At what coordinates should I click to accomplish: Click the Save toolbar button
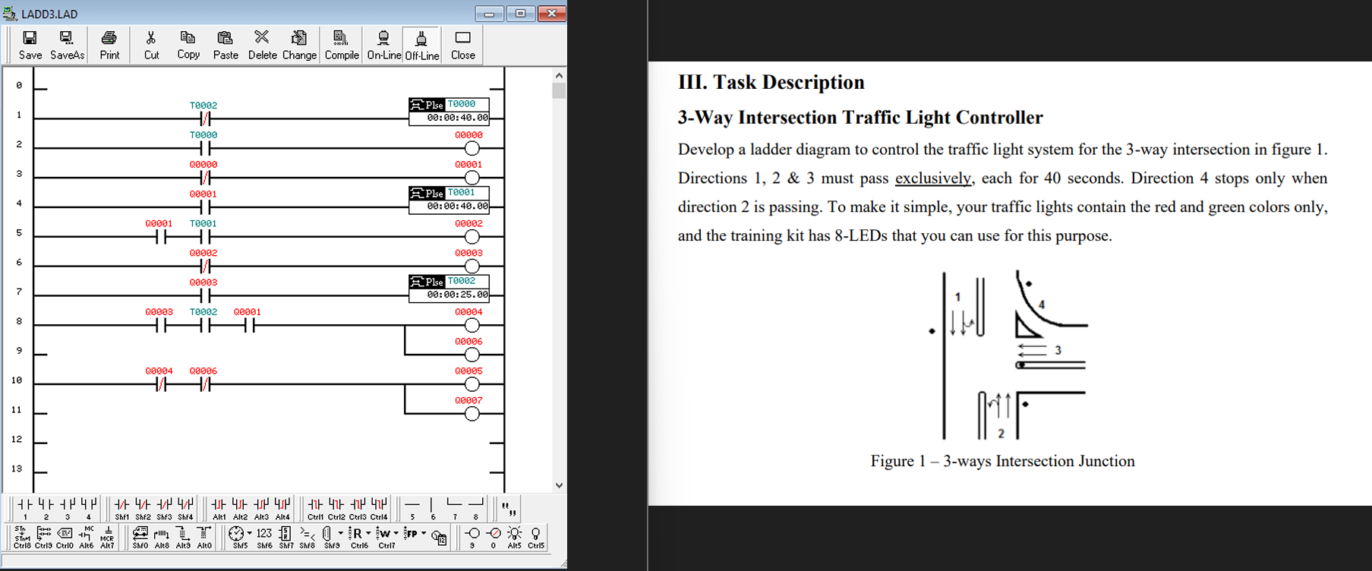(x=30, y=45)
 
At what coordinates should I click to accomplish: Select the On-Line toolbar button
(x=383, y=45)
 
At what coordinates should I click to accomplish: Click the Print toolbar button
(x=109, y=45)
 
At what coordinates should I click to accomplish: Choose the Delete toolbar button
(x=262, y=45)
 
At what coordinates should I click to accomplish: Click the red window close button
(x=551, y=14)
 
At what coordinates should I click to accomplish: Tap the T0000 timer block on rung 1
(x=449, y=111)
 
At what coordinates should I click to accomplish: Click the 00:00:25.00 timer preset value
(x=457, y=295)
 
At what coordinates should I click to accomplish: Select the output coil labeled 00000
(x=472, y=148)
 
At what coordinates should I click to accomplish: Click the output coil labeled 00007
(x=472, y=414)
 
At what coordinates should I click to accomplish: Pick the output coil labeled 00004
(x=472, y=326)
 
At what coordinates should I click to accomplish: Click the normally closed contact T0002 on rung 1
(x=204, y=119)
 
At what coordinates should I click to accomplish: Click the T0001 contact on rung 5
(x=204, y=237)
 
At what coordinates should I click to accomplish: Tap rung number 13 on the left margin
(x=17, y=468)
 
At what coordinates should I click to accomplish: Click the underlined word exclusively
(x=932, y=178)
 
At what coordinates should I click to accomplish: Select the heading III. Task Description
(x=771, y=82)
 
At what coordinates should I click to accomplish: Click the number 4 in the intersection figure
(x=1042, y=304)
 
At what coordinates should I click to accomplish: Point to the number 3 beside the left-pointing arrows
(x=1058, y=350)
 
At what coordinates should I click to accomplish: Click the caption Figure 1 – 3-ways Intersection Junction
(x=1002, y=461)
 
